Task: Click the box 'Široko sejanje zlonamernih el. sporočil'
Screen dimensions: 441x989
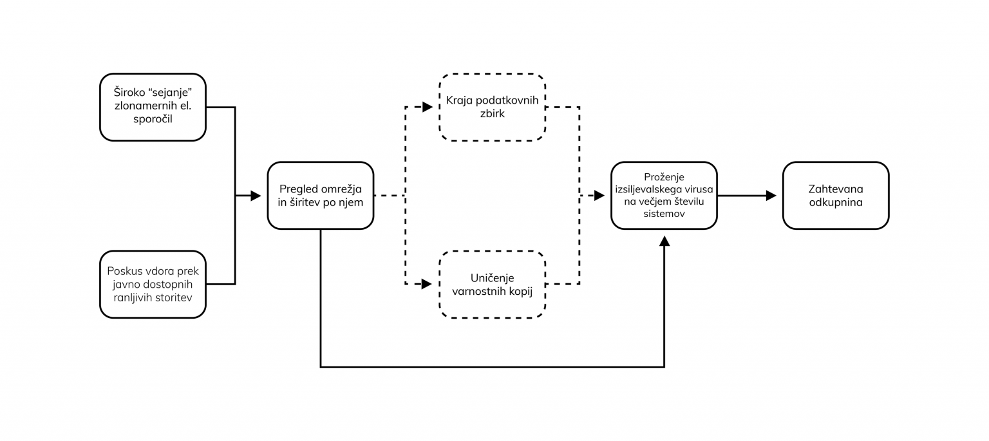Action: [x=153, y=107]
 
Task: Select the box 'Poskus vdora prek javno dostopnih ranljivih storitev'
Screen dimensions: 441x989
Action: [x=153, y=284]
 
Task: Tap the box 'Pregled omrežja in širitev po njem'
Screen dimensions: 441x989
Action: [x=320, y=195]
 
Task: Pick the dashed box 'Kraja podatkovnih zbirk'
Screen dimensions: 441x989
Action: [x=492, y=107]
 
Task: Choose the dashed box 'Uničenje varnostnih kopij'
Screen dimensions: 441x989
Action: [x=492, y=284]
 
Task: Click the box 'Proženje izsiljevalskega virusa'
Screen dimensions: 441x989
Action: [x=664, y=195]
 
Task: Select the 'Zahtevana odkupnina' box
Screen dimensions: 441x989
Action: [x=835, y=195]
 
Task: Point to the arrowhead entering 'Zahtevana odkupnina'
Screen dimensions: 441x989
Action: [x=771, y=195]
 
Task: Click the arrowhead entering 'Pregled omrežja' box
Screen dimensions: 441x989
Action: [x=256, y=195]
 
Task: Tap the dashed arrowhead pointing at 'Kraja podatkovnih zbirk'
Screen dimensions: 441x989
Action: [x=428, y=107]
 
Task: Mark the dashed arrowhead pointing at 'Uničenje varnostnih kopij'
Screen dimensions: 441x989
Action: [x=428, y=284]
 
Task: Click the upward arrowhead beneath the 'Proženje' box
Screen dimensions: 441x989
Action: [x=664, y=241]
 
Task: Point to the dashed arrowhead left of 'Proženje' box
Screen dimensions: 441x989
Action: [x=599, y=195]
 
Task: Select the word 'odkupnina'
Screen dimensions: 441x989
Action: [x=835, y=202]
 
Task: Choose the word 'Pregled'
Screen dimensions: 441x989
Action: [x=299, y=189]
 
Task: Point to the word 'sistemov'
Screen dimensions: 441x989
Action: [x=664, y=214]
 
